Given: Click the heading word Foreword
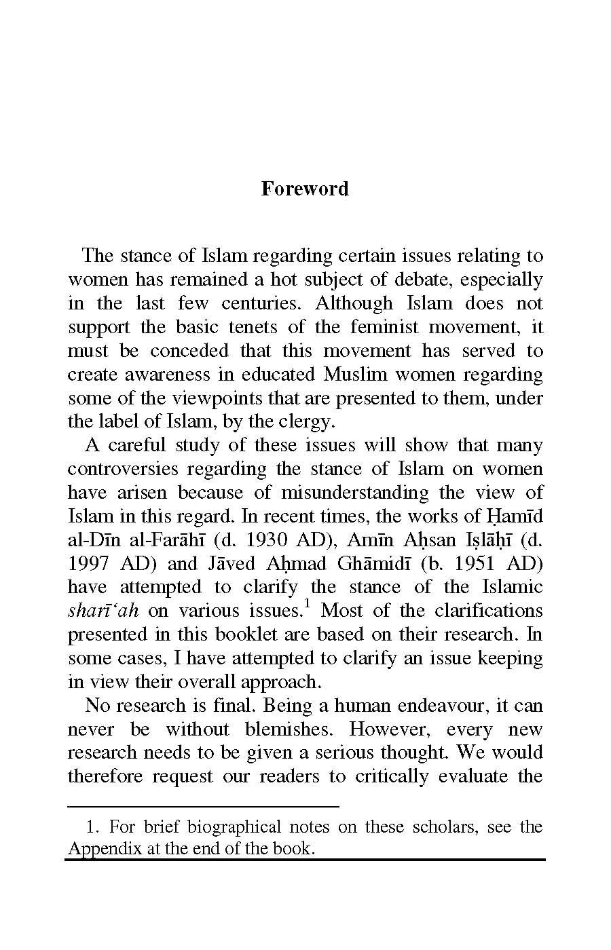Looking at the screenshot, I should click(x=305, y=189).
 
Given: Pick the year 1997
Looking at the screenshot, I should click(x=90, y=564).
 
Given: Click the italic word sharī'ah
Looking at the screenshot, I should click(x=103, y=611).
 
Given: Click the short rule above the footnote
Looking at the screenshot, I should click(x=203, y=807).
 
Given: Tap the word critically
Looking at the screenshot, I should click(x=392, y=776).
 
